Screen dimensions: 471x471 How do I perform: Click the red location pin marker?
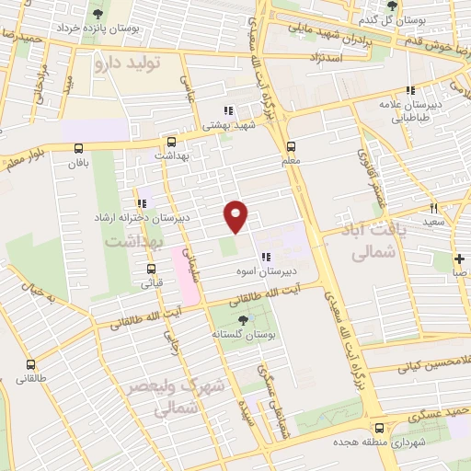tap(236, 215)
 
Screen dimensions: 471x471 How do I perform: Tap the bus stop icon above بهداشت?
tap(171, 143)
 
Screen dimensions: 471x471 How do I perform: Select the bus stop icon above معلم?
tap(291, 145)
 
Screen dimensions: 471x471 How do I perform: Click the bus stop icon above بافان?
tap(77, 149)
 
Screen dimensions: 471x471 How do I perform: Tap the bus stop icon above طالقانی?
tap(30, 364)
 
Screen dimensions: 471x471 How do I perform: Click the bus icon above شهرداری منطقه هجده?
tap(380, 428)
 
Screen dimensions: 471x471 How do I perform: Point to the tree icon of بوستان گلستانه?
tap(242, 319)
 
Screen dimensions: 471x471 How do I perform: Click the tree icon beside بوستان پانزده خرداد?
tap(98, 13)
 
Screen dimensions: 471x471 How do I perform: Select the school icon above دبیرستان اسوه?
tap(265, 258)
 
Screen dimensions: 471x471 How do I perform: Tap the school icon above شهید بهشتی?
tap(227, 110)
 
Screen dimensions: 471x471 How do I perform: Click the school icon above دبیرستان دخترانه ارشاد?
tap(141, 203)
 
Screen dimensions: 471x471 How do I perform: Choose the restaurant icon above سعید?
tap(433, 209)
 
